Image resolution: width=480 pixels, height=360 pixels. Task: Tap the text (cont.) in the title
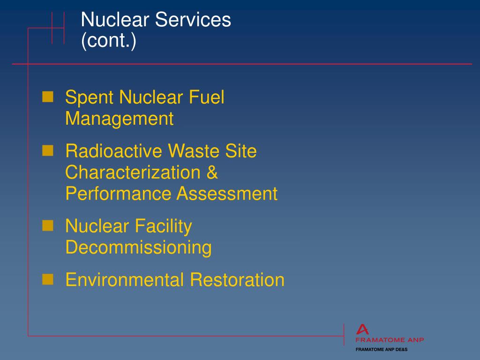click(109, 41)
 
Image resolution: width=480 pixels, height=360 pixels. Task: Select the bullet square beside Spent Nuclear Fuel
click(48, 97)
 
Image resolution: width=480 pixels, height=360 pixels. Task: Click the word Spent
click(90, 98)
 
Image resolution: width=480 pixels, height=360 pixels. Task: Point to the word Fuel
click(207, 97)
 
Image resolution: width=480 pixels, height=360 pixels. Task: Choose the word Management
click(120, 119)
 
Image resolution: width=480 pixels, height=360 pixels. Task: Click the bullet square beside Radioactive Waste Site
click(48, 150)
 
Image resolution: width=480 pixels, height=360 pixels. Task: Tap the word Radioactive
click(114, 151)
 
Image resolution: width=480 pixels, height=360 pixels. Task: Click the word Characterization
click(133, 172)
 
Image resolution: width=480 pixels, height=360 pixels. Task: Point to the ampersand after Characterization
click(212, 172)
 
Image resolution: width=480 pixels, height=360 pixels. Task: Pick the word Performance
click(118, 194)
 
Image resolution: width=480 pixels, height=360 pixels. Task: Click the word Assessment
click(227, 194)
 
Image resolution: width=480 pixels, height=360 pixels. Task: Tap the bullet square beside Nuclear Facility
click(48, 226)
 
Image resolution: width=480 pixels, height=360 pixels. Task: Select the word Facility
click(164, 227)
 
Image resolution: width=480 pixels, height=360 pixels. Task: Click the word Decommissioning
click(138, 247)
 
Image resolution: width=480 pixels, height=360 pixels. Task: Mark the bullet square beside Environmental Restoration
click(48, 279)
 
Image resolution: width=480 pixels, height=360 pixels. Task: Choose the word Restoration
click(237, 280)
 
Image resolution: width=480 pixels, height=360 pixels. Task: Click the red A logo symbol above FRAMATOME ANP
click(362, 330)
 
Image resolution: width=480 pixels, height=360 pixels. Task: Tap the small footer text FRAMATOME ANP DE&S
click(382, 350)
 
